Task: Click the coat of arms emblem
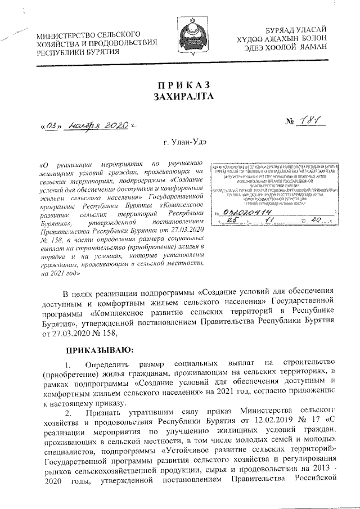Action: tap(196, 37)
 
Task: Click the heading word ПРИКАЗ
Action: tap(184, 85)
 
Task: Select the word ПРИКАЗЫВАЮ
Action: tap(98, 349)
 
